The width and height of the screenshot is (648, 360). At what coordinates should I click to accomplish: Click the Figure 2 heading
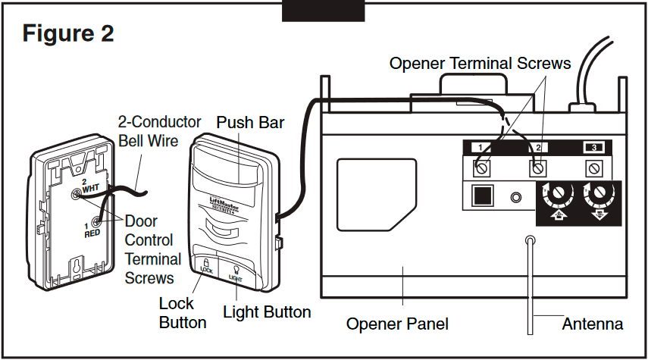(68, 33)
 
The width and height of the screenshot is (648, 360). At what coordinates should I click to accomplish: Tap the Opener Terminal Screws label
(480, 64)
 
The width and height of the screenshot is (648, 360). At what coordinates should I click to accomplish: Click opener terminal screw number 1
(481, 167)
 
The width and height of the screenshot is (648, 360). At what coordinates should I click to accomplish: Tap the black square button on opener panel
(481, 197)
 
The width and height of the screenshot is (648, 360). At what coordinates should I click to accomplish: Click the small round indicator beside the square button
(517, 198)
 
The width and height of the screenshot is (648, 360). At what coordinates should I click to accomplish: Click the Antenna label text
(592, 324)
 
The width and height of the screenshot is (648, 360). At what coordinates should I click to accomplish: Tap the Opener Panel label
(397, 324)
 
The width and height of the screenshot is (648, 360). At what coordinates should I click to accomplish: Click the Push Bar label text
(251, 122)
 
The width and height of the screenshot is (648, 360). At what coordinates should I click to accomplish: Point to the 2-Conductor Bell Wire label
(159, 131)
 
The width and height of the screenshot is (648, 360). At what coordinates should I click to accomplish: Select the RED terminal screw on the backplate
(97, 223)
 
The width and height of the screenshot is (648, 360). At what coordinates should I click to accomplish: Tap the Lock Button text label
(182, 313)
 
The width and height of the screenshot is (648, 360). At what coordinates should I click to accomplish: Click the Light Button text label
(267, 311)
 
